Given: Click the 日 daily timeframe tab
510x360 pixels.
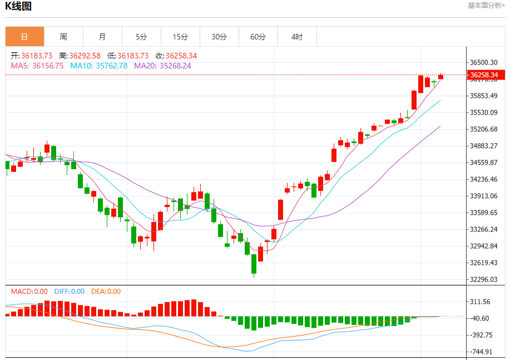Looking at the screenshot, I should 24,37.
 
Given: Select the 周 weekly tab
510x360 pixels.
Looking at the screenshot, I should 63,37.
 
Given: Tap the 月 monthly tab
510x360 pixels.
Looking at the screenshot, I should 102,37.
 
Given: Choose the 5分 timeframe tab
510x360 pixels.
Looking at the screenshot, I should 141,37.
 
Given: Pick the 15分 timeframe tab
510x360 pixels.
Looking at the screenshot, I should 180,37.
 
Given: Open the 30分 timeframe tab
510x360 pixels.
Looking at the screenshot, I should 219,37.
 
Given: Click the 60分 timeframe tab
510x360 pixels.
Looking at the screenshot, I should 258,37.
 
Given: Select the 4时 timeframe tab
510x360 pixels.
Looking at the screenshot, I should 297,37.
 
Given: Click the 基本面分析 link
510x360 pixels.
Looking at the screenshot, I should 486,6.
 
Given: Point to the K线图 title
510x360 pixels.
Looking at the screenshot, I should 18,7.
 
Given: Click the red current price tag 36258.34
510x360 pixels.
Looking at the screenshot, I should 482,75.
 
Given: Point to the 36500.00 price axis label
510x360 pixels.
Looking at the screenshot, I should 483,62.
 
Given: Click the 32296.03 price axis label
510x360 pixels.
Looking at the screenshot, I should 483,279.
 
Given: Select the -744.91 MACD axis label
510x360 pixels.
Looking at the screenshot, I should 481,352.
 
